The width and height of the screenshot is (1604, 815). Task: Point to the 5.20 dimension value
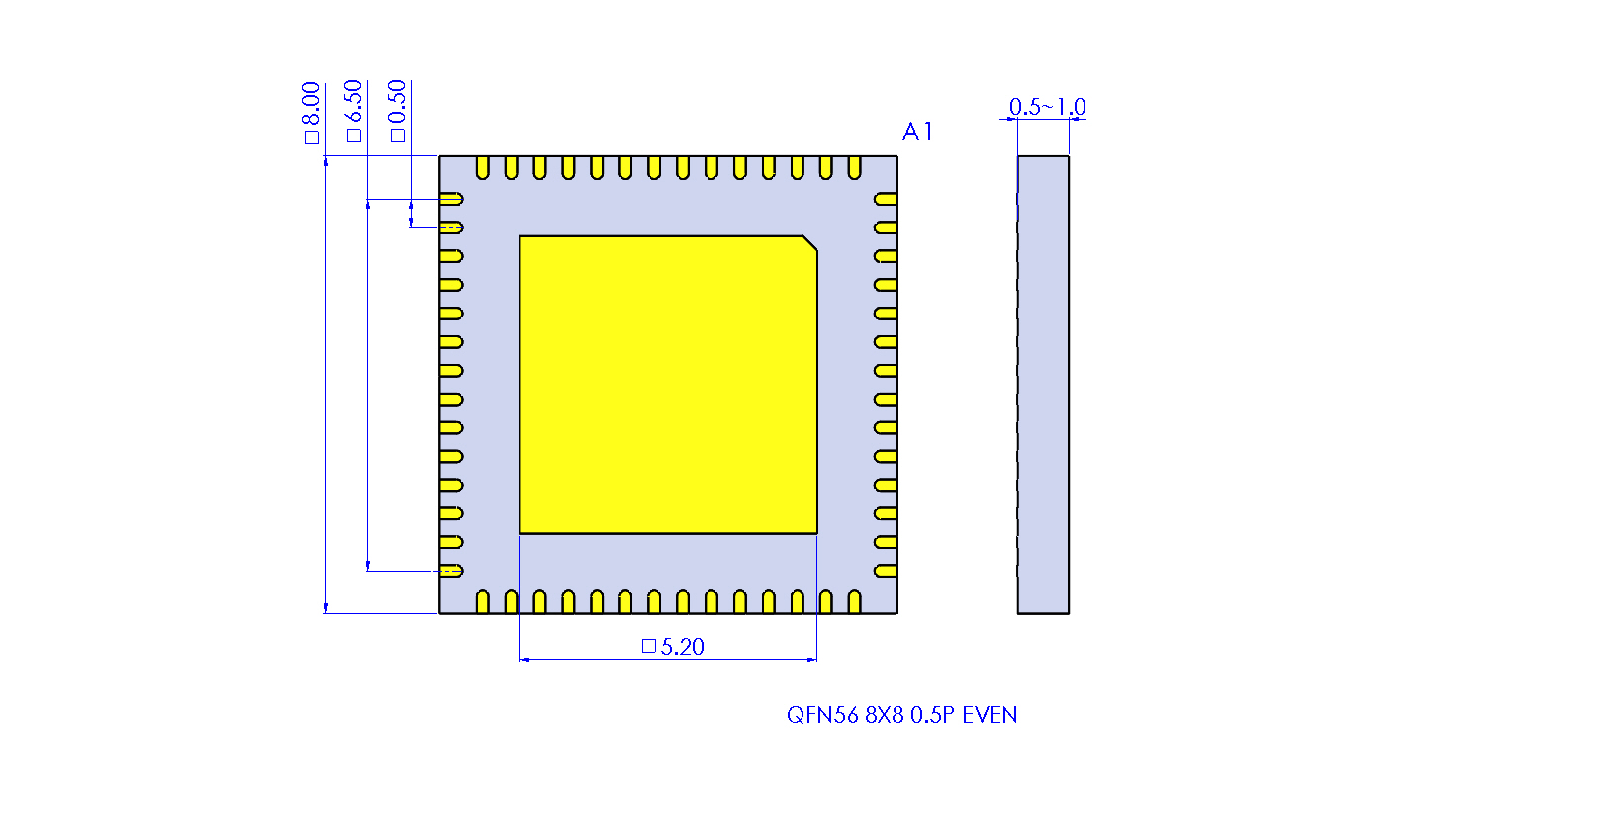click(x=682, y=647)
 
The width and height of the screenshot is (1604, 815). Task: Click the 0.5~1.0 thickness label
click(x=1047, y=107)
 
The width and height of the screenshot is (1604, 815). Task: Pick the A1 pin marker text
click(x=917, y=132)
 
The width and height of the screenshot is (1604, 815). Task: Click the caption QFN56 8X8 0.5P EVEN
click(x=901, y=715)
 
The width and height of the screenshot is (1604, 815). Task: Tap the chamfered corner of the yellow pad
click(x=809, y=243)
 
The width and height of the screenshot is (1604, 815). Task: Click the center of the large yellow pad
click(x=668, y=385)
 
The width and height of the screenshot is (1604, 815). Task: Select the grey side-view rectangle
click(x=1043, y=385)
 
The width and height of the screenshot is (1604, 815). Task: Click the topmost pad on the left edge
click(x=452, y=199)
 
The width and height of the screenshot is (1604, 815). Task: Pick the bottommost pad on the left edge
click(x=452, y=571)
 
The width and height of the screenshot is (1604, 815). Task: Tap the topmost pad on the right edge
click(x=886, y=199)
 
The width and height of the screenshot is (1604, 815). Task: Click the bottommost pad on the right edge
click(x=886, y=571)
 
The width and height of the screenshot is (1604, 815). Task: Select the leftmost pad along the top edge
click(x=483, y=168)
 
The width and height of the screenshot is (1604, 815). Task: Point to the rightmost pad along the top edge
click(x=855, y=168)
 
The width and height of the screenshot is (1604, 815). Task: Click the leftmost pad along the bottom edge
click(x=483, y=601)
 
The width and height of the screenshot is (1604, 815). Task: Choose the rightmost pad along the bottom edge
click(x=855, y=601)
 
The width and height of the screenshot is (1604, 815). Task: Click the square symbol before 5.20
click(x=649, y=646)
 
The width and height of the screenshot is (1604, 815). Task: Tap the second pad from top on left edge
click(x=452, y=227)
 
